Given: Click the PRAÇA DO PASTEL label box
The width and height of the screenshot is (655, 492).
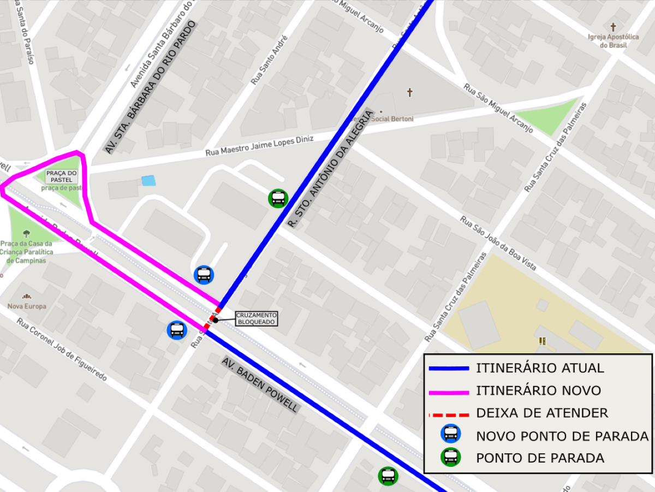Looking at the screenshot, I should click(x=62, y=176).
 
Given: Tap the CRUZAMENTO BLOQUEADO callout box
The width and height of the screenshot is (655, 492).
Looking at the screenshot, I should click(x=257, y=319).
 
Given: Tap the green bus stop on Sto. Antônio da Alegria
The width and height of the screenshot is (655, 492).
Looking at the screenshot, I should click(x=278, y=198).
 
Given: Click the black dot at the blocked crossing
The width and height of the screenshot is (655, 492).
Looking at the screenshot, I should click(x=216, y=320).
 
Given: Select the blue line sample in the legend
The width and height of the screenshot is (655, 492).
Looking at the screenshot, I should click(x=449, y=369).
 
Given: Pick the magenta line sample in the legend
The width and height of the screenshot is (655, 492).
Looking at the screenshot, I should click(x=449, y=391).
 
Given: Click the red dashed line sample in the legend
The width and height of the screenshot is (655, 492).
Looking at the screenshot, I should click(x=449, y=413).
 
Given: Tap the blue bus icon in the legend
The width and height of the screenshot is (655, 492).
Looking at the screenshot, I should click(x=451, y=435).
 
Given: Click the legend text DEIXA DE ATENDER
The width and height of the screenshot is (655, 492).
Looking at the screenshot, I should click(x=542, y=413).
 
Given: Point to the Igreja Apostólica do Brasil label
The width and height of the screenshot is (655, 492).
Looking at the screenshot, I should click(x=613, y=41).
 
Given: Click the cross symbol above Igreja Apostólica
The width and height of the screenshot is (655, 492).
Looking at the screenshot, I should click(x=613, y=27).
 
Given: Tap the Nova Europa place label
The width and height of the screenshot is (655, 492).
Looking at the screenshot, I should click(x=27, y=306).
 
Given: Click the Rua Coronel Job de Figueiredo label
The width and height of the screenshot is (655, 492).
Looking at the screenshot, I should click(x=62, y=350).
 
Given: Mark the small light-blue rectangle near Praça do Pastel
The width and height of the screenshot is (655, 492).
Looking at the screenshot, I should click(x=148, y=181).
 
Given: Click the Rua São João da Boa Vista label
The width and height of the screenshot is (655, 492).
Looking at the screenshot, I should click(x=498, y=244).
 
